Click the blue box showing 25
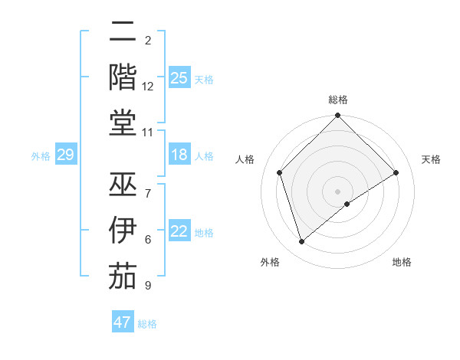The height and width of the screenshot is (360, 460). point(179,77)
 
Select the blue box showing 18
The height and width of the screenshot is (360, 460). point(179,155)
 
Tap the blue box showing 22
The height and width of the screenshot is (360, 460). point(179,231)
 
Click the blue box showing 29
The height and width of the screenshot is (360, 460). point(65,155)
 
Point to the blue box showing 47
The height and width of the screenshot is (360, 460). point(122,322)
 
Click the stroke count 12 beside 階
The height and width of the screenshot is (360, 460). point(148,87)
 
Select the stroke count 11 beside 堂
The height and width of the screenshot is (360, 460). point(148,133)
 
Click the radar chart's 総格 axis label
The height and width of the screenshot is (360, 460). point(338,100)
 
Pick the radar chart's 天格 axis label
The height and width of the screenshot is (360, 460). point(431,159)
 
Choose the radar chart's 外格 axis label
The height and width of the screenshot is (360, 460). point(270,262)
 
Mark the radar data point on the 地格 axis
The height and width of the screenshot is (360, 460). point(347,204)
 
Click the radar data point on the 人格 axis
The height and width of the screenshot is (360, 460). point(280,172)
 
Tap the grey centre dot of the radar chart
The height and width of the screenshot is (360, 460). point(338,191)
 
